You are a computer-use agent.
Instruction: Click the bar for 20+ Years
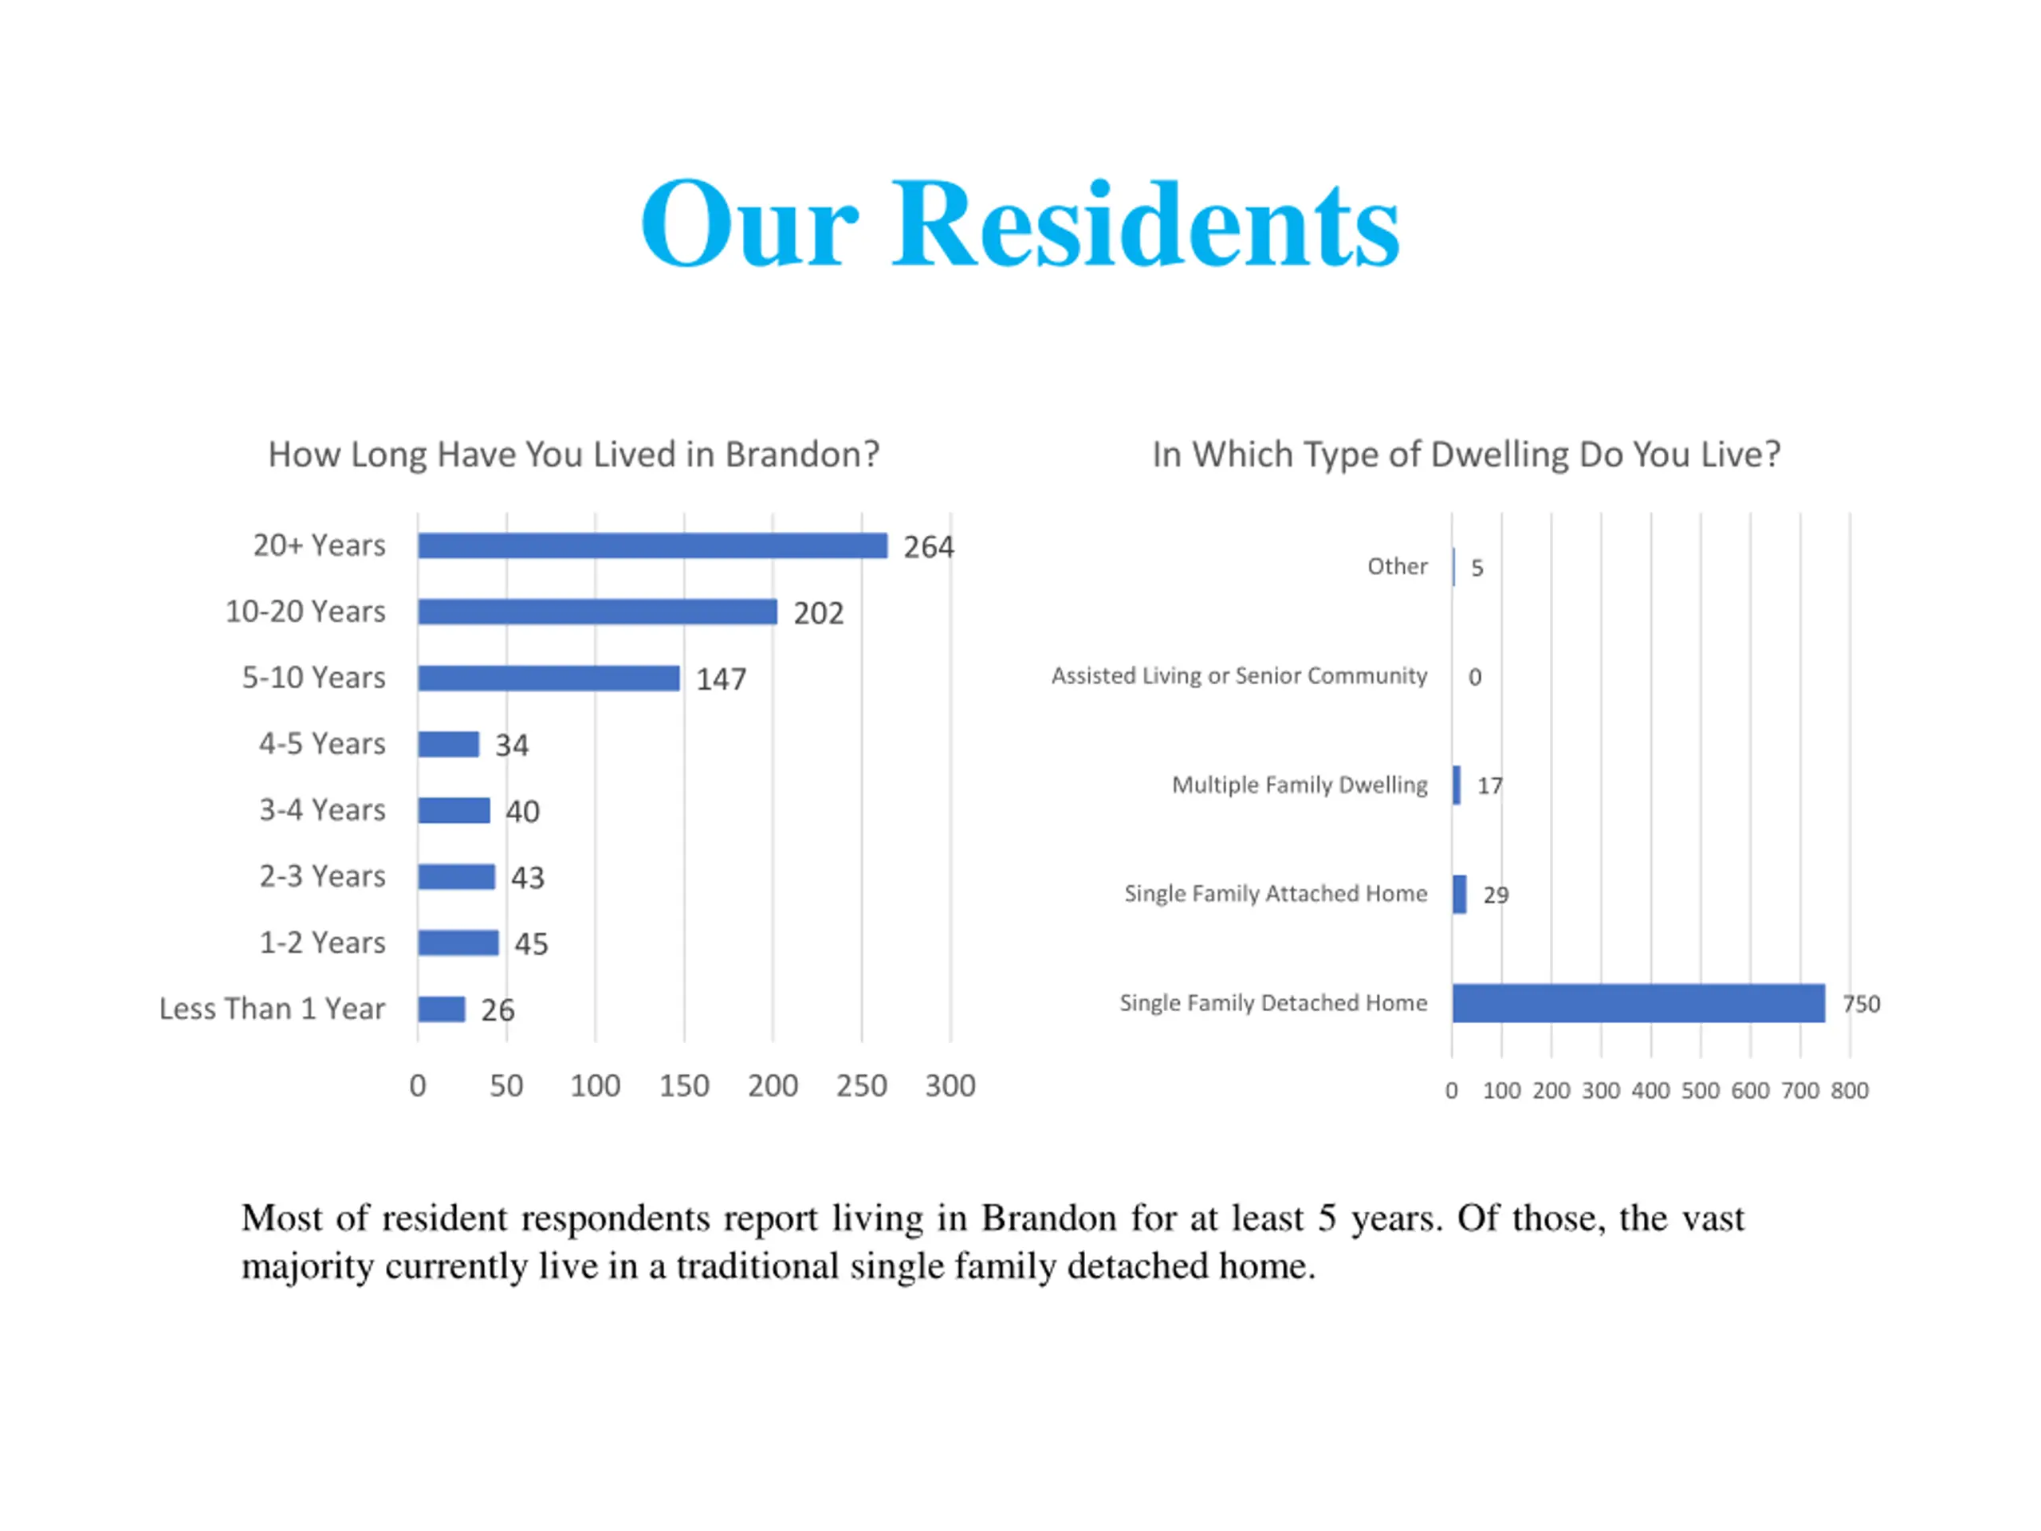pos(651,545)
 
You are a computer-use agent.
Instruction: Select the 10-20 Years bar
pos(597,612)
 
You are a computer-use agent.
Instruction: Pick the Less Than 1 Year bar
pos(441,1009)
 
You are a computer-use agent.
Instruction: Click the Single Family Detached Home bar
pos(1638,1003)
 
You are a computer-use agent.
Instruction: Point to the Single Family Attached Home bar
pos(1459,894)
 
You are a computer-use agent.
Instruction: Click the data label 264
pos(928,547)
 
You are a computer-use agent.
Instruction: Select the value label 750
pos(1860,1004)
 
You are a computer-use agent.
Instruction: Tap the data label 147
pos(721,680)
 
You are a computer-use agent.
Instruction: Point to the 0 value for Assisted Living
pos(1474,677)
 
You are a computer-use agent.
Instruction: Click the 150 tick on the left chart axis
pos(684,1086)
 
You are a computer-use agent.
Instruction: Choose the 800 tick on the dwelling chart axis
pos(1849,1091)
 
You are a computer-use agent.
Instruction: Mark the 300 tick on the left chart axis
pos(950,1086)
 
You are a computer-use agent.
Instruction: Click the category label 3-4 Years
pos(322,810)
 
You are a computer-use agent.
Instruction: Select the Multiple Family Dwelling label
pos(1300,785)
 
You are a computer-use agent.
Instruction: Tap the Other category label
pos(1397,567)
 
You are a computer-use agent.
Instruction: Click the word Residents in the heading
pos(1145,226)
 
